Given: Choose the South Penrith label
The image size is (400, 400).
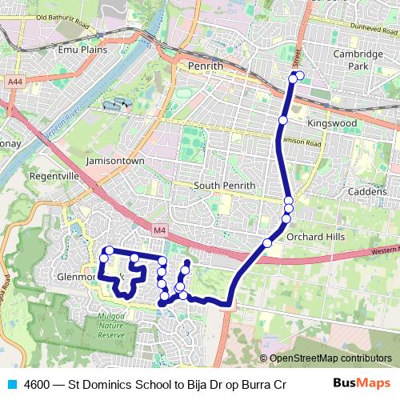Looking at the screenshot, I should tap(225, 186).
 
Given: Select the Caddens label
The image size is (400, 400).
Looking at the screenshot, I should tap(368, 193).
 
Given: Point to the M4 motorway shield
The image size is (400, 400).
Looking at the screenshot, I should tap(160, 231).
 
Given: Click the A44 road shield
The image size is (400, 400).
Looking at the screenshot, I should tap(14, 82).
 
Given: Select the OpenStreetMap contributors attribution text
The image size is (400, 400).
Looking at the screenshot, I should tap(330, 358).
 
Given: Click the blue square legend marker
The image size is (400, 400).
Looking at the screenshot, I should tap(10, 384).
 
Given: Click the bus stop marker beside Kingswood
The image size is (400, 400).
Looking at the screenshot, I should tap(282, 120).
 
